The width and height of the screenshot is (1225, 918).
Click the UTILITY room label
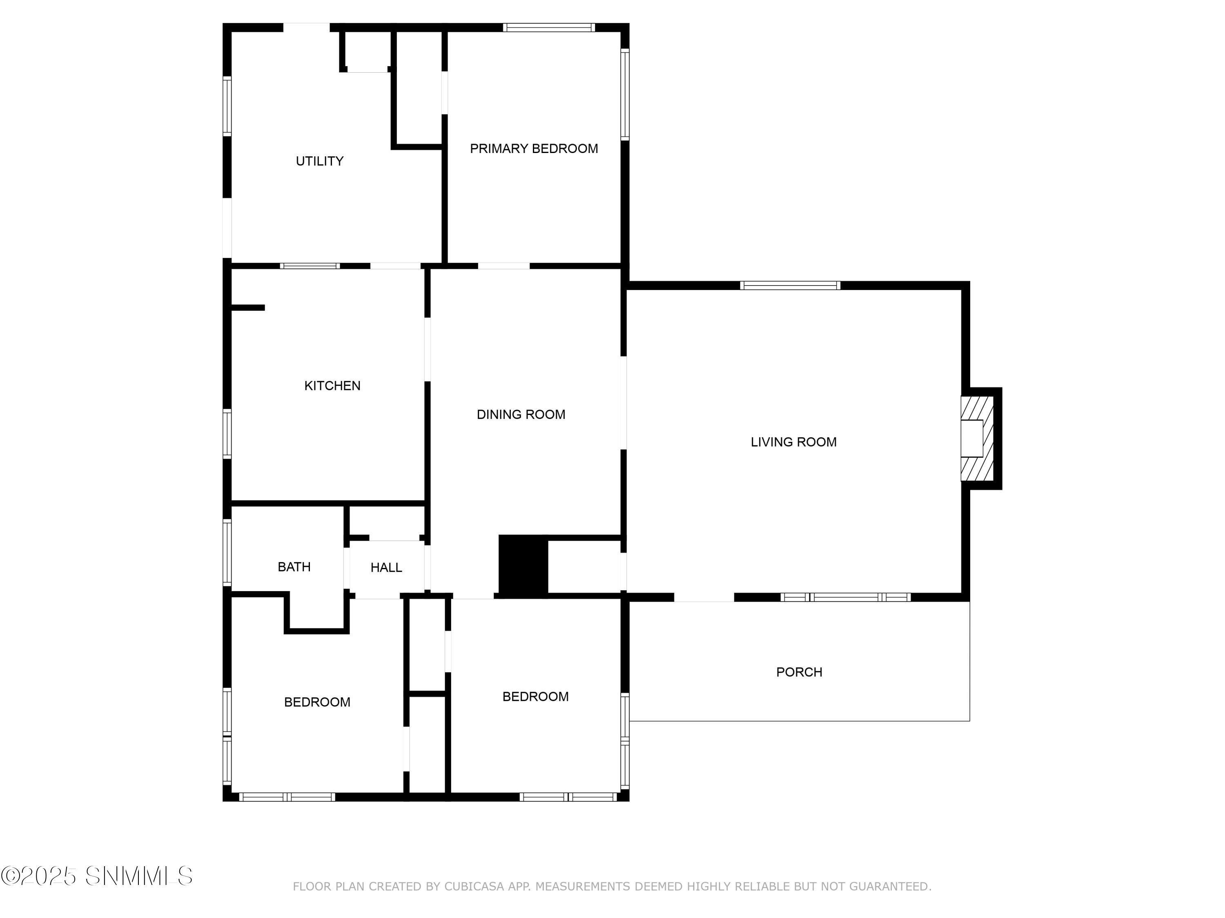coord(320,161)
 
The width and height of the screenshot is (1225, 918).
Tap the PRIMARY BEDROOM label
coord(533,148)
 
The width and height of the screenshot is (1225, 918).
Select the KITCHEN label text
coord(332,386)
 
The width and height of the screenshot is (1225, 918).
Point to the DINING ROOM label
coord(521,415)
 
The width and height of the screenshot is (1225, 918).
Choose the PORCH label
coord(799,672)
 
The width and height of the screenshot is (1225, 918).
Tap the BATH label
coord(294,567)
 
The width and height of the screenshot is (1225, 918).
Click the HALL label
coord(386,567)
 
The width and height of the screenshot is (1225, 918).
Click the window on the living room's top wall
coord(790,286)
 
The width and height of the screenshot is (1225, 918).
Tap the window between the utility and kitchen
coord(310,266)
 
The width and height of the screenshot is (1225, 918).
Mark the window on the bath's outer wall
coord(227,552)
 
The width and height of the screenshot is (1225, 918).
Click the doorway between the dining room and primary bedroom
coord(503,266)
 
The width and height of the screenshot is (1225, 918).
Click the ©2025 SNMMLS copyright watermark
coord(97,876)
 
